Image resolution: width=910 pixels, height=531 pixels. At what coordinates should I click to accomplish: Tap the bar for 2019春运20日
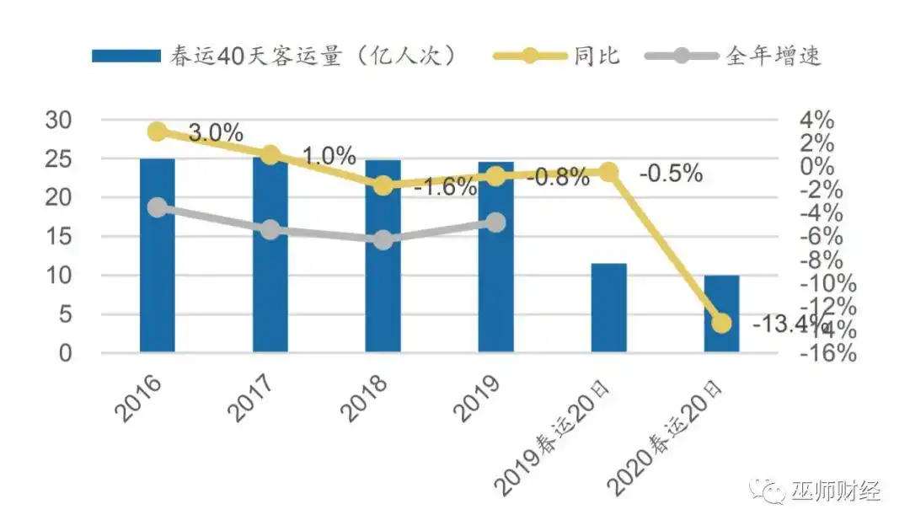pyautogui.click(x=608, y=308)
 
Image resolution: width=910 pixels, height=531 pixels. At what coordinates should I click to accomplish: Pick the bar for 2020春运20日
pyautogui.click(x=721, y=314)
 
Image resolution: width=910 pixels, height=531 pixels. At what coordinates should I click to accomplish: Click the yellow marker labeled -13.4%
pyautogui.click(x=721, y=324)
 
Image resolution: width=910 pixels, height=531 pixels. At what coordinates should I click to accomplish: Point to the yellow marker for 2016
pyautogui.click(x=157, y=131)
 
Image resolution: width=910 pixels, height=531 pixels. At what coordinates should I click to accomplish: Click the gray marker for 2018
pyautogui.click(x=383, y=240)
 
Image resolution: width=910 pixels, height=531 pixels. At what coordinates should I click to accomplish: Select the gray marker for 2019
pyautogui.click(x=495, y=223)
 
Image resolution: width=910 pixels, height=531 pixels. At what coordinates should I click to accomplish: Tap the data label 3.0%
pyautogui.click(x=216, y=133)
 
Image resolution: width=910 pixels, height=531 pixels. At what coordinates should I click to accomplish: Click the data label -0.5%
pyautogui.click(x=671, y=174)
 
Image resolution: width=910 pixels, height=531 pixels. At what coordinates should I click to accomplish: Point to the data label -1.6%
pyautogui.click(x=445, y=187)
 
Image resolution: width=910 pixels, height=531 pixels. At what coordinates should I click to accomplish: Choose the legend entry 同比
pyautogui.click(x=597, y=56)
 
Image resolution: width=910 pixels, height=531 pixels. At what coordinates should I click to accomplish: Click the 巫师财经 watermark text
pyautogui.click(x=835, y=491)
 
